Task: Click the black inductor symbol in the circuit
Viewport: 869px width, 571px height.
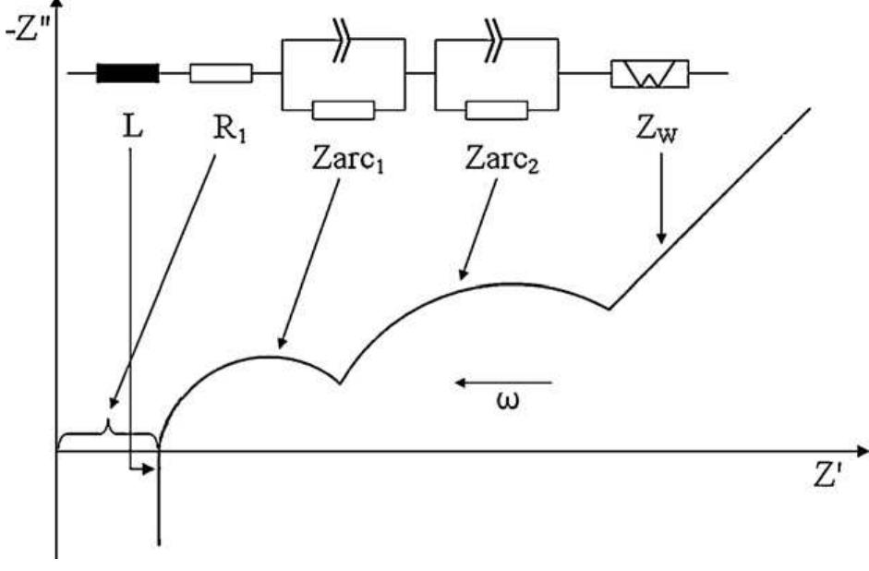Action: [127, 73]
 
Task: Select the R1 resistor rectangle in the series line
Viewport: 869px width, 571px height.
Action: [221, 73]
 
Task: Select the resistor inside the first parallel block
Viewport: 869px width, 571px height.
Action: [343, 110]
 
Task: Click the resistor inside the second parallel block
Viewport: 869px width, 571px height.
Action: [496, 110]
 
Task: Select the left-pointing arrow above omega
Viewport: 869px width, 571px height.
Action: [506, 380]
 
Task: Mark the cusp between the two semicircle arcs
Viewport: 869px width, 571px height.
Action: [341, 381]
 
